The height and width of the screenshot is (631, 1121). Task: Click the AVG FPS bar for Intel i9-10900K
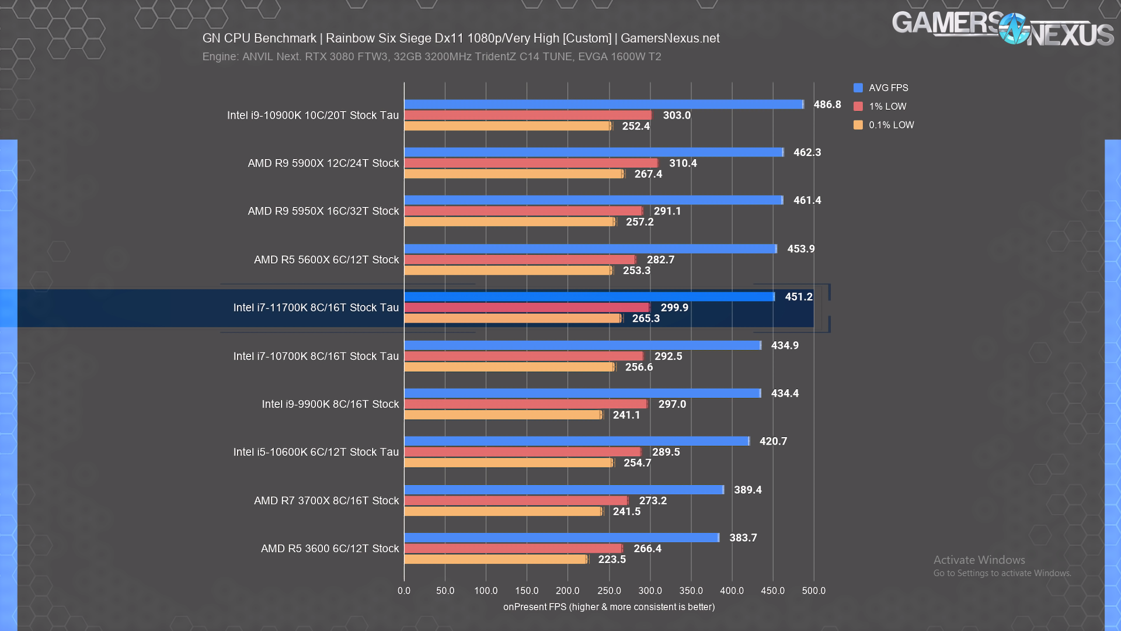point(604,105)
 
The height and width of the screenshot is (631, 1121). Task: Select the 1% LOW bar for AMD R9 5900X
point(531,163)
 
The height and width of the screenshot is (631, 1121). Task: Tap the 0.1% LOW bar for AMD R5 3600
point(496,560)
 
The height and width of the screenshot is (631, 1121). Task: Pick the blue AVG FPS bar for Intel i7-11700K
point(589,297)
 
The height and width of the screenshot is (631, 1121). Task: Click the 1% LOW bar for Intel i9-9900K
point(525,404)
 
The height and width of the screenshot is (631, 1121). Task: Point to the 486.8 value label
point(827,105)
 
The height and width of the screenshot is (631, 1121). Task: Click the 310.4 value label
point(683,164)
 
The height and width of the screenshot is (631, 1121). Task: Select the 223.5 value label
point(612,560)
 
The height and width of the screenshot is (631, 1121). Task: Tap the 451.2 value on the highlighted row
point(799,297)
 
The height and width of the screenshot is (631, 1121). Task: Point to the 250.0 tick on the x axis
point(609,591)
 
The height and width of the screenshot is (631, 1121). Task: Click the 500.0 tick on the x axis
point(814,591)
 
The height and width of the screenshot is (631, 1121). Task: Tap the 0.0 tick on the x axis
point(404,591)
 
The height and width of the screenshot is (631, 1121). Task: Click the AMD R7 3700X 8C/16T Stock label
point(326,501)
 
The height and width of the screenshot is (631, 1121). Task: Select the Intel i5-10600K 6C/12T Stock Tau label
point(316,452)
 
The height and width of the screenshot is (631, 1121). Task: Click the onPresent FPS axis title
point(609,607)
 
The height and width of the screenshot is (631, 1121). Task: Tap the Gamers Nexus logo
point(1002,29)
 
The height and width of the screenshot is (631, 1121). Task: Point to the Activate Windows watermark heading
point(979,560)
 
